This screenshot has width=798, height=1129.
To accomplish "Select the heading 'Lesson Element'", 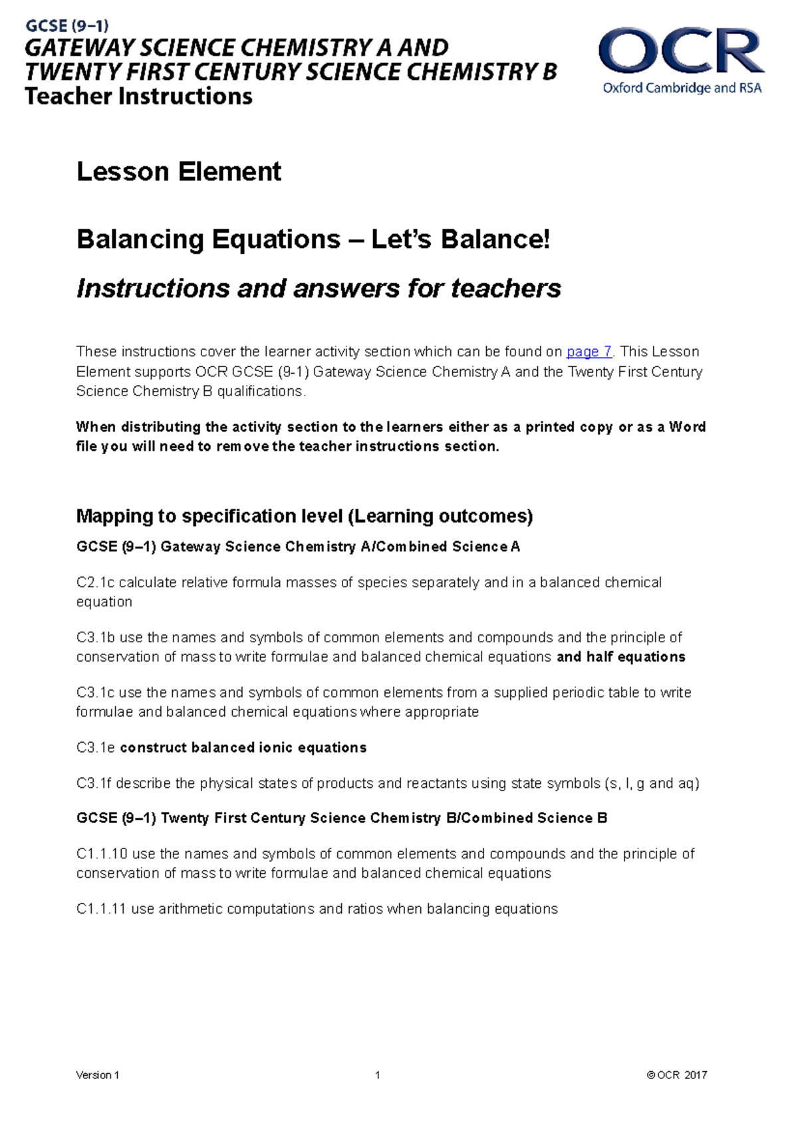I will [x=179, y=172].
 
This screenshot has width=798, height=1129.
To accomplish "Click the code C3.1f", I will [x=94, y=783].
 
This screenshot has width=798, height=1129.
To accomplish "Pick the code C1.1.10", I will [x=102, y=854].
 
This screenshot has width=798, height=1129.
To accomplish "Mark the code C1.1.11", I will [x=101, y=909].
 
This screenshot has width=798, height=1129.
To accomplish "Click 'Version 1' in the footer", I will [x=98, y=1075].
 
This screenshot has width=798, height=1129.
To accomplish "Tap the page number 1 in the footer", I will [x=377, y=1075].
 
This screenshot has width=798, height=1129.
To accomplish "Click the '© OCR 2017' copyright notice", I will [x=676, y=1075].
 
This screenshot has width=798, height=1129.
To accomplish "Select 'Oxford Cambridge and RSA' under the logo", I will [x=682, y=88].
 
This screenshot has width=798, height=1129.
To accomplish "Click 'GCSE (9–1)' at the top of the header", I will [x=67, y=27].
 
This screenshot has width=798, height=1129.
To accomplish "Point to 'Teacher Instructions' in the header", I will [x=138, y=96].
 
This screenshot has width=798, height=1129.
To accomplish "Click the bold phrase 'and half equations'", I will [x=620, y=657].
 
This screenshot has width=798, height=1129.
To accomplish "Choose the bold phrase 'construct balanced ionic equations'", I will [x=243, y=748].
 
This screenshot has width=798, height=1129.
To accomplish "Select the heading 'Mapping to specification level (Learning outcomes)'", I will [x=305, y=516].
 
